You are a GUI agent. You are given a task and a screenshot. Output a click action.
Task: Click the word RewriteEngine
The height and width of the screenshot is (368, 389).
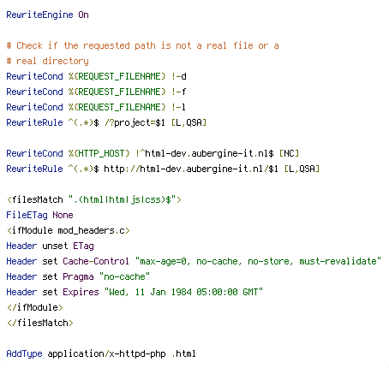point(39,15)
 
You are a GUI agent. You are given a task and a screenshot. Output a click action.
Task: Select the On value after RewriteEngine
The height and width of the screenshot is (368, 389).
point(83,15)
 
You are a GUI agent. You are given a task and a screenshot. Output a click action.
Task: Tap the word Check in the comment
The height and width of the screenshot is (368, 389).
point(29,45)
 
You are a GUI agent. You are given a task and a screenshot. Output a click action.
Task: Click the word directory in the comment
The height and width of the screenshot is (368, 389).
point(65,62)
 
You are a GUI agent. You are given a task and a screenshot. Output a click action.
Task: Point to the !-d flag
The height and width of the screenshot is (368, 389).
point(179,76)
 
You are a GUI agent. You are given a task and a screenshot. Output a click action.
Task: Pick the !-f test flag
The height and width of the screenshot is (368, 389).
point(179,92)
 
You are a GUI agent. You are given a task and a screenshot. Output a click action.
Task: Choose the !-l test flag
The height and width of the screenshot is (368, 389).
point(179,107)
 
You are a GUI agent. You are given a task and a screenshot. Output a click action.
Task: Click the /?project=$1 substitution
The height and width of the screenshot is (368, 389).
point(135,123)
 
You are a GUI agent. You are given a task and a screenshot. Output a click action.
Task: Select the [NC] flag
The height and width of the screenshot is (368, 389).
point(289,153)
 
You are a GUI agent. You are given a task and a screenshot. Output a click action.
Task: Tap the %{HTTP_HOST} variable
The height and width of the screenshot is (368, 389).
point(99,153)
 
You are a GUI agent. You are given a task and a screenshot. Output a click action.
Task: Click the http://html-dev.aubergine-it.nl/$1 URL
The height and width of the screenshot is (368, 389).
point(191,169)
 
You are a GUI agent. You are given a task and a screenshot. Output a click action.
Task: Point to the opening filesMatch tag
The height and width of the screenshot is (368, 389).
point(93,199)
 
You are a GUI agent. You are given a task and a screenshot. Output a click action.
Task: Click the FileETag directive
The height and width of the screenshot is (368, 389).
point(27,215)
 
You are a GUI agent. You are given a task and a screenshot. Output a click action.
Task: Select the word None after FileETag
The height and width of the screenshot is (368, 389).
point(63,215)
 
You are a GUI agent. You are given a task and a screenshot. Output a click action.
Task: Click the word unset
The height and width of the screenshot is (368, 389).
point(55,246)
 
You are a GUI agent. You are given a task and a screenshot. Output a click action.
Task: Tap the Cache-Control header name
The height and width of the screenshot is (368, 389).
point(96,261)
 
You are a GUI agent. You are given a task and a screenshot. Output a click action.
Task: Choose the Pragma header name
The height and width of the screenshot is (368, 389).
point(78,277)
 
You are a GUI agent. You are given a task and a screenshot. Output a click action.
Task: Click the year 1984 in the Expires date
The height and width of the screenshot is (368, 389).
point(182,292)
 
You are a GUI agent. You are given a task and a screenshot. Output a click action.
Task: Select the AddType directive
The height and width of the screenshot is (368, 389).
point(24,353)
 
